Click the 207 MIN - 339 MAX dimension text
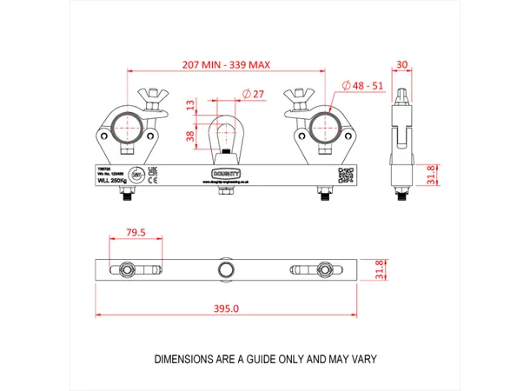tap(225, 64)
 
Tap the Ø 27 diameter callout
tap(254, 94)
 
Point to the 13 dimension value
tap(190, 108)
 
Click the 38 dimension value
tap(190, 135)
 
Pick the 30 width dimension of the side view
tap(402, 64)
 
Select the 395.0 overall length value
tap(225, 308)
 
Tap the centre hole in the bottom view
tap(227, 268)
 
